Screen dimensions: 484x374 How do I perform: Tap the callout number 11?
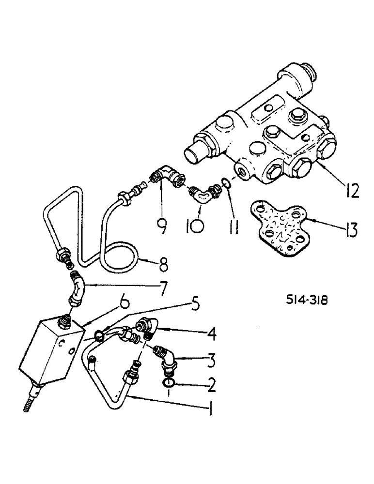click(232, 225)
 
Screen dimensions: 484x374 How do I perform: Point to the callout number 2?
click(212, 385)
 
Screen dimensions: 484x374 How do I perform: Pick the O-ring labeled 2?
click(168, 384)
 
